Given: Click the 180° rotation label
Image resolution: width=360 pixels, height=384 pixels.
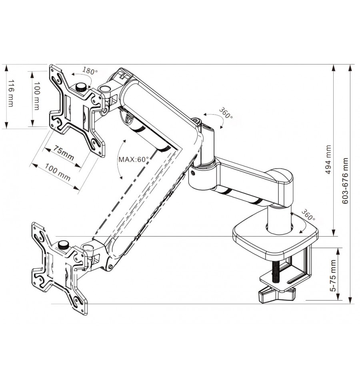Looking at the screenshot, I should tap(90, 71).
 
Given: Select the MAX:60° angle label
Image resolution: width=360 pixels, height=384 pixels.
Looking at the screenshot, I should tap(133, 159).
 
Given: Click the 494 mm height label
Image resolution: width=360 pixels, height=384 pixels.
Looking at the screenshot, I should tap(328, 159).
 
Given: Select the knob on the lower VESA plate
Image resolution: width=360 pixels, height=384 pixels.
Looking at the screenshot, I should tap(63, 245).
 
